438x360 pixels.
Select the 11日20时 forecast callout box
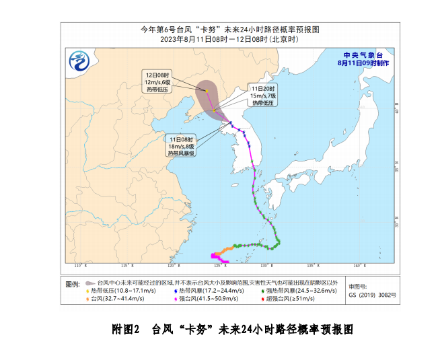tap(262, 96)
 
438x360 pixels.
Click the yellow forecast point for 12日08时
tap(207, 92)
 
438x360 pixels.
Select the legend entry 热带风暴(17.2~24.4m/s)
tap(208, 290)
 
